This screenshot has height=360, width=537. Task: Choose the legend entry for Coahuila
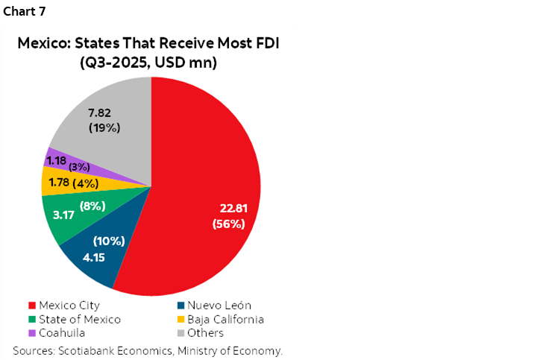pyautogui.click(x=57, y=332)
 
